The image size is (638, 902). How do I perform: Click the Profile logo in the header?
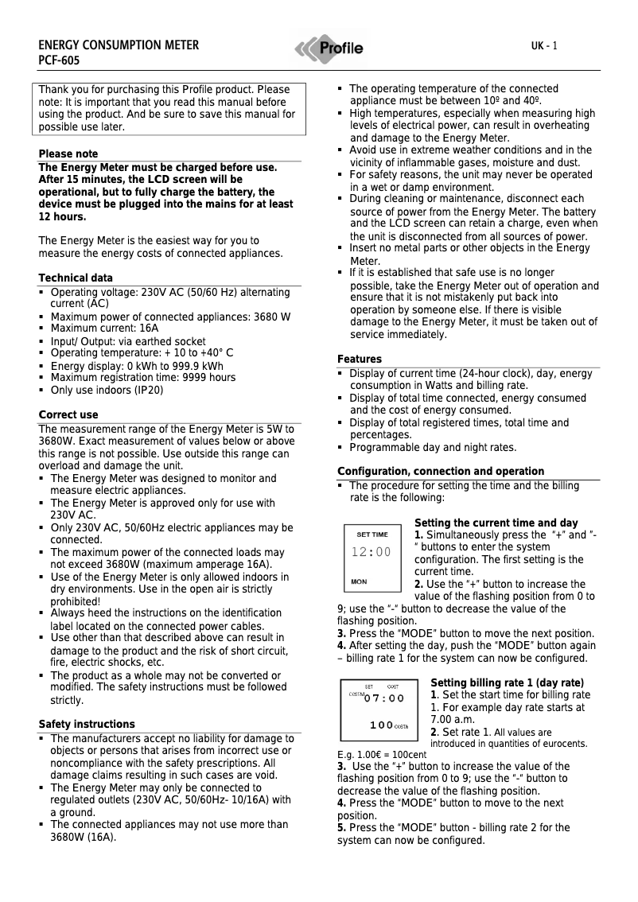pyautogui.click(x=329, y=49)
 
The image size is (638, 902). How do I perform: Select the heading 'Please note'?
pyautogui.click(x=68, y=154)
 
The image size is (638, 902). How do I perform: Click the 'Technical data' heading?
pyautogui.click(x=76, y=278)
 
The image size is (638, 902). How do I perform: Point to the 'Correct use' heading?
pyautogui.click(x=68, y=415)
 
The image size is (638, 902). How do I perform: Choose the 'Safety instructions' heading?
pyautogui.click(x=87, y=725)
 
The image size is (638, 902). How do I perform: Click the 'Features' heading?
pyautogui.click(x=360, y=360)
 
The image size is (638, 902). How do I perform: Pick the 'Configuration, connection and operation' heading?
pyautogui.click(x=441, y=472)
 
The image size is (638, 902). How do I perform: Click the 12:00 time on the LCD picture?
pyautogui.click(x=372, y=552)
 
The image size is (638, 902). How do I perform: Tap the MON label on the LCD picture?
pyautogui.click(x=360, y=581)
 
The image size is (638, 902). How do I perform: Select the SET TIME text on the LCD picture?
pyautogui.click(x=372, y=535)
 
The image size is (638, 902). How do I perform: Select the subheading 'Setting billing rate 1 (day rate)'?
pyautogui.click(x=507, y=683)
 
